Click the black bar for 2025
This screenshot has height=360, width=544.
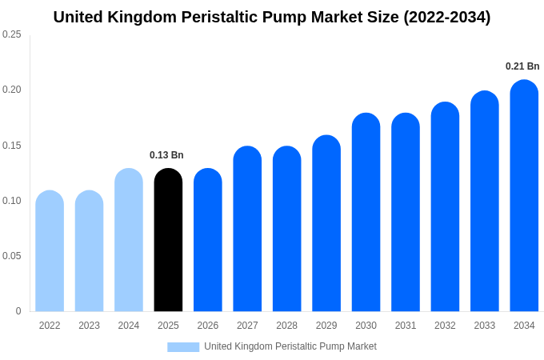(x=168, y=240)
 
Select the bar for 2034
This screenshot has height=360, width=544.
(x=524, y=196)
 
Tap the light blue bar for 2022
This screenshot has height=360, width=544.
(x=50, y=251)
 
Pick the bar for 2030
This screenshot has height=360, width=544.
(x=366, y=212)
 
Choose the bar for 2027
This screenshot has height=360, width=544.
(x=247, y=229)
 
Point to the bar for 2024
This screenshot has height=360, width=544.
(x=129, y=240)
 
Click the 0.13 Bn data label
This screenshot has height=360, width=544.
(x=166, y=155)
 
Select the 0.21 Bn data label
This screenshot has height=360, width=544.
(x=522, y=66)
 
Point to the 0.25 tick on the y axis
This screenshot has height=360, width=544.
(x=12, y=34)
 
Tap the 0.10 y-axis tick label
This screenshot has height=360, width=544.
(x=12, y=201)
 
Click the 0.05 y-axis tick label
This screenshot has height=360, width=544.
(x=12, y=256)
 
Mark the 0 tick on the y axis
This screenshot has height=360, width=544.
(x=18, y=311)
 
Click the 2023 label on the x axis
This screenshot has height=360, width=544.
(x=89, y=326)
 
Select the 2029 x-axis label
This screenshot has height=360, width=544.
(x=326, y=326)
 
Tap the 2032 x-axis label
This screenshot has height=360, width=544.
(x=445, y=326)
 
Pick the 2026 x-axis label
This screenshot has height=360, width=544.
(x=208, y=326)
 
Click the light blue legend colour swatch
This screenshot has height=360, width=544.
(x=183, y=346)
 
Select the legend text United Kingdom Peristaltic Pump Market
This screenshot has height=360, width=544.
(x=290, y=346)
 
